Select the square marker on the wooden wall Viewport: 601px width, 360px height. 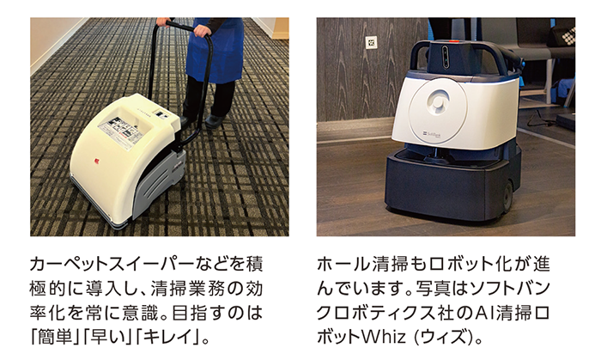(371, 42)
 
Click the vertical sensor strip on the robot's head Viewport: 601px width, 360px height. (446, 57)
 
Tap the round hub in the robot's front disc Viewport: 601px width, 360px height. (438, 102)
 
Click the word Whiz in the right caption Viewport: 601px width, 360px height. (383, 337)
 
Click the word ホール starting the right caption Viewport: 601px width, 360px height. (343, 265)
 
